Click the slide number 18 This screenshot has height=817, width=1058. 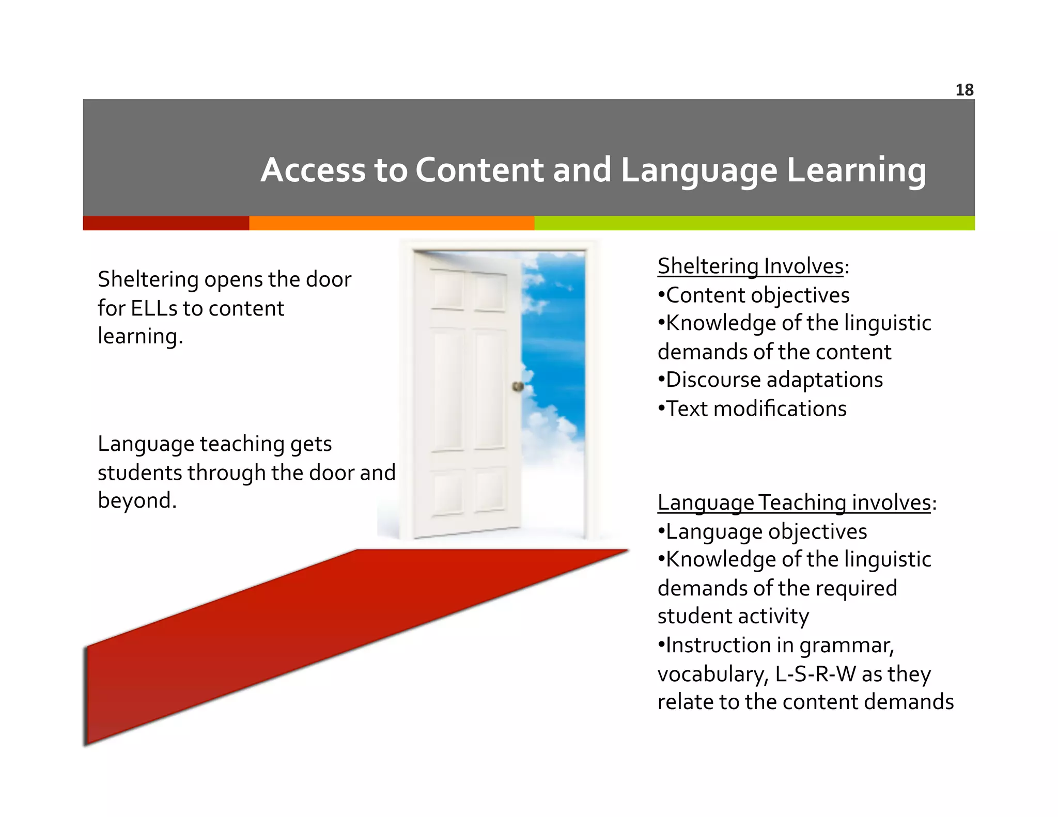point(964,90)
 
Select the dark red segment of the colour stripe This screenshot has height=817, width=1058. point(166,223)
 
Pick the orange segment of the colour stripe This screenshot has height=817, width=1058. point(391,223)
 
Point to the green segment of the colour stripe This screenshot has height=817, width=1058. point(754,223)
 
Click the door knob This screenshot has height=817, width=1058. point(517,386)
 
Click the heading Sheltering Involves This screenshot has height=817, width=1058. point(751,266)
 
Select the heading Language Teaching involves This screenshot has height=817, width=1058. point(794,502)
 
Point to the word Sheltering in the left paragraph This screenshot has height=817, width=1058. point(148,279)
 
